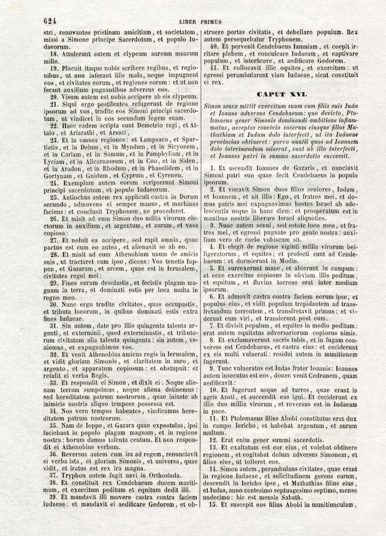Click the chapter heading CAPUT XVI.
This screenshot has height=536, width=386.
[x=282, y=95]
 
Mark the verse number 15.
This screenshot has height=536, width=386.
[x=214, y=504]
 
